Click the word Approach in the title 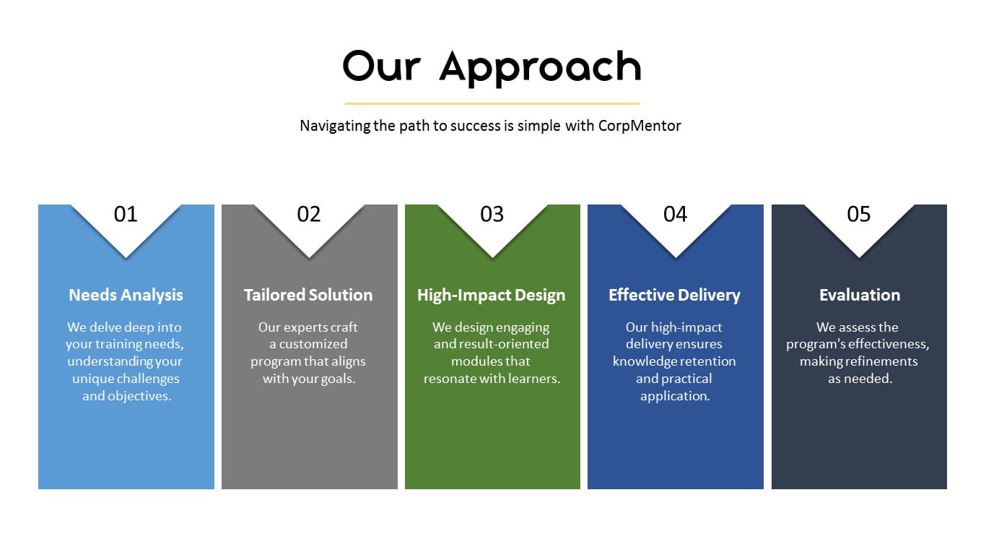540,68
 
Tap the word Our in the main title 382,66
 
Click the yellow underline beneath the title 492,103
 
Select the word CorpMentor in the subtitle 640,126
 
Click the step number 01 126,214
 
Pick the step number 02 308,214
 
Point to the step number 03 492,214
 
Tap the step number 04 675,214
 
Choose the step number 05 859,214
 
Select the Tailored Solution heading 308,295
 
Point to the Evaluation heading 860,295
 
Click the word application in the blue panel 675,396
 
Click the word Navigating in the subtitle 335,126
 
